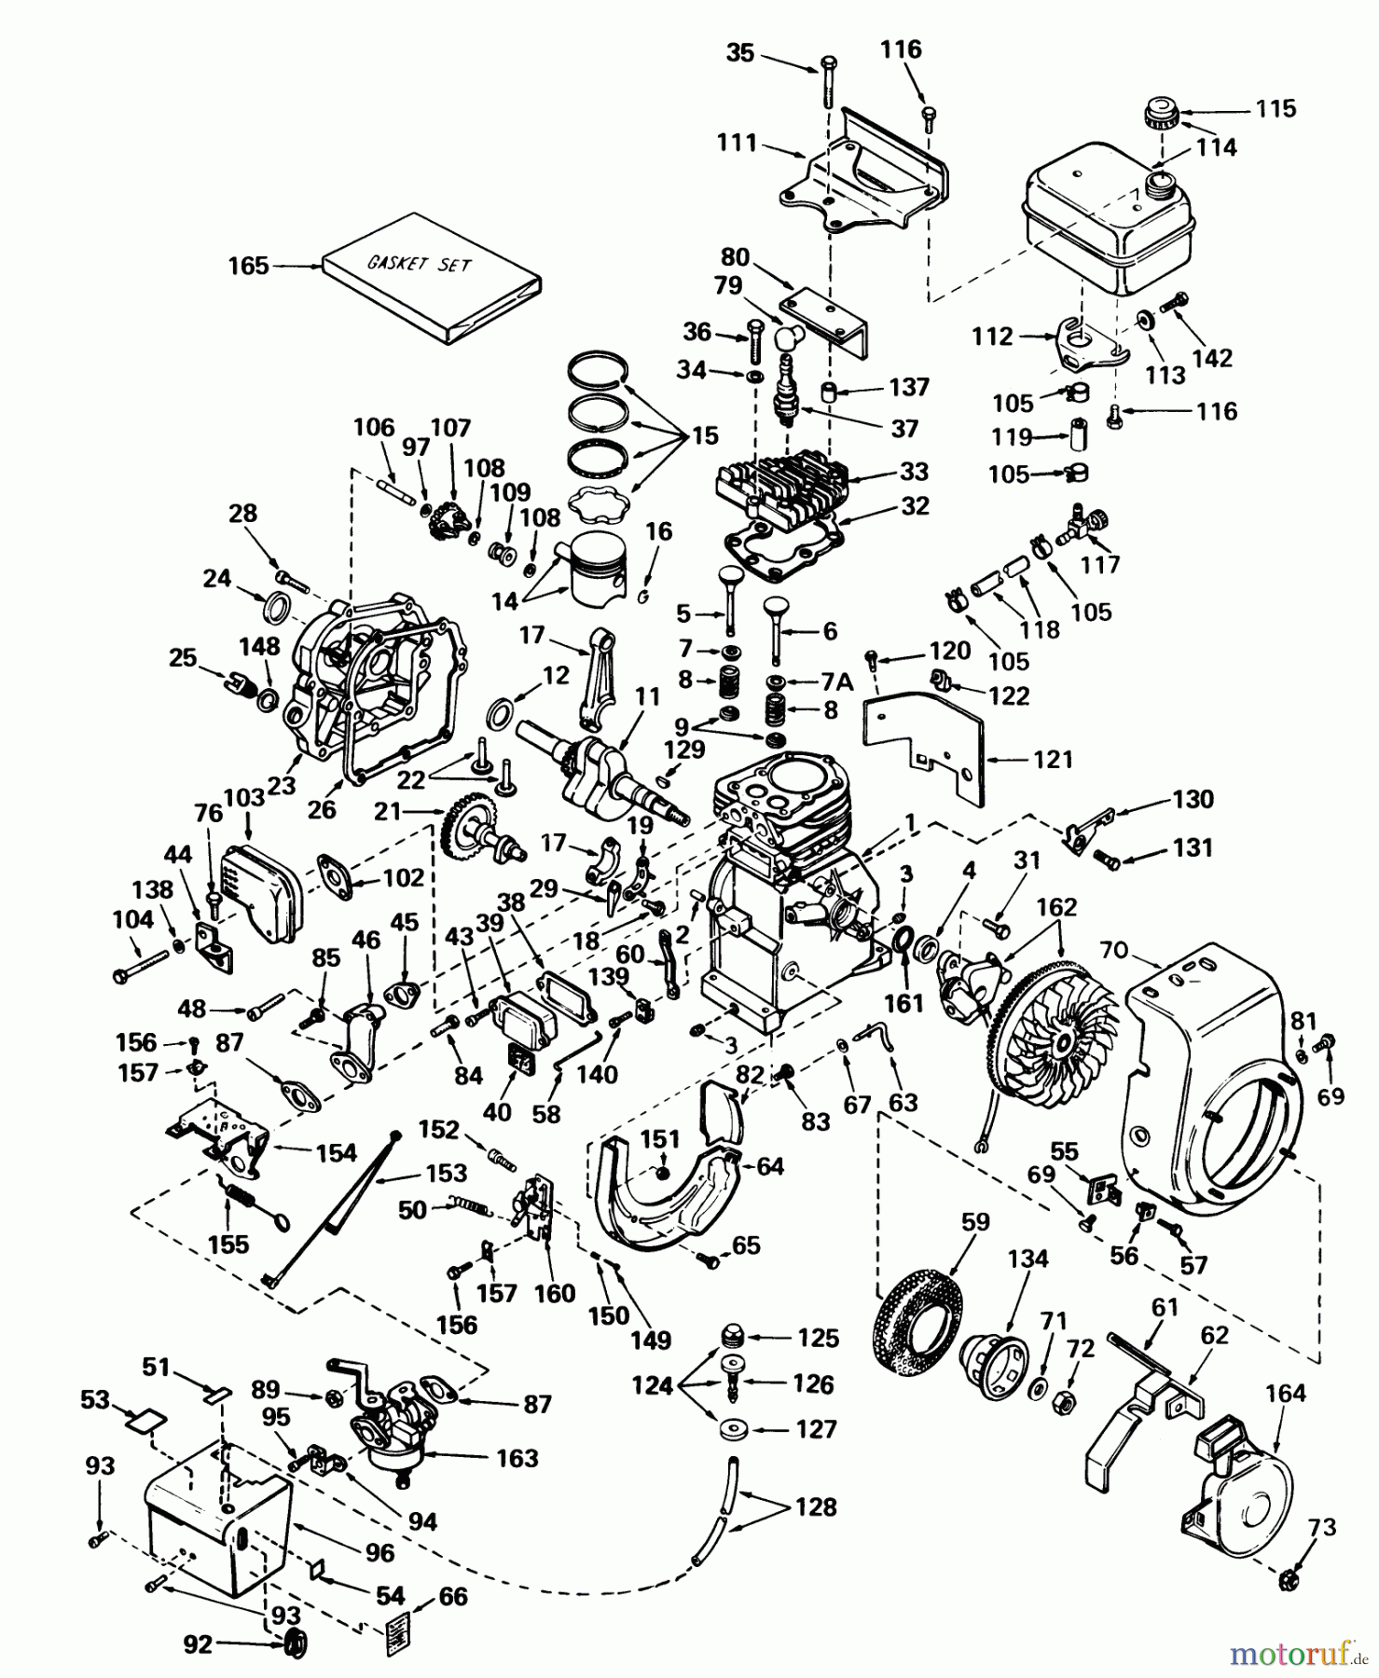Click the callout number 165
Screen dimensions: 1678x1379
tap(248, 267)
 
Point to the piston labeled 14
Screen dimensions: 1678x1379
tap(597, 570)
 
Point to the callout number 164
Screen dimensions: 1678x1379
tap(1286, 1394)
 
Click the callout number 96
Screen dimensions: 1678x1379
tap(380, 1552)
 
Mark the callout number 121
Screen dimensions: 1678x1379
tap(1054, 760)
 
